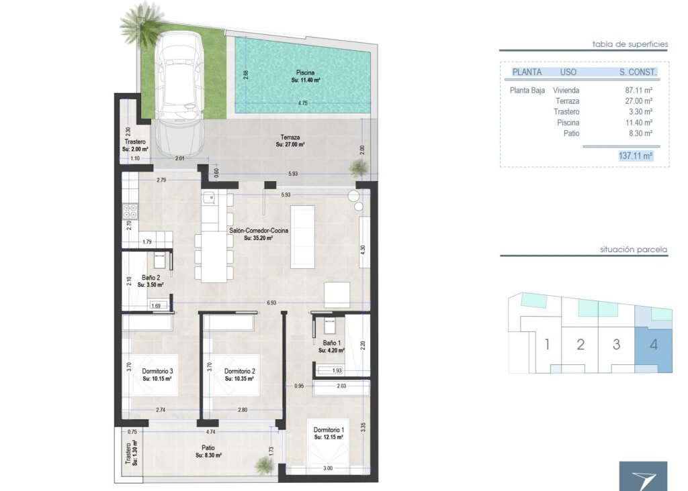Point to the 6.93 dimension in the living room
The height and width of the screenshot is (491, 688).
pyautogui.click(x=271, y=303)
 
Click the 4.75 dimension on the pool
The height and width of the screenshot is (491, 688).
pyautogui.click(x=303, y=103)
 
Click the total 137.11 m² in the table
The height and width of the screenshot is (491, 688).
pyautogui.click(x=635, y=156)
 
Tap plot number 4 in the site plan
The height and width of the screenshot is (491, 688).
pyautogui.click(x=653, y=345)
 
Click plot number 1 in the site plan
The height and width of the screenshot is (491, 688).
pyautogui.click(x=547, y=345)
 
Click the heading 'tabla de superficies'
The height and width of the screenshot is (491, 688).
pyautogui.click(x=630, y=44)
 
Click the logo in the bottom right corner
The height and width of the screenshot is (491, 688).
pyautogui.click(x=643, y=476)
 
